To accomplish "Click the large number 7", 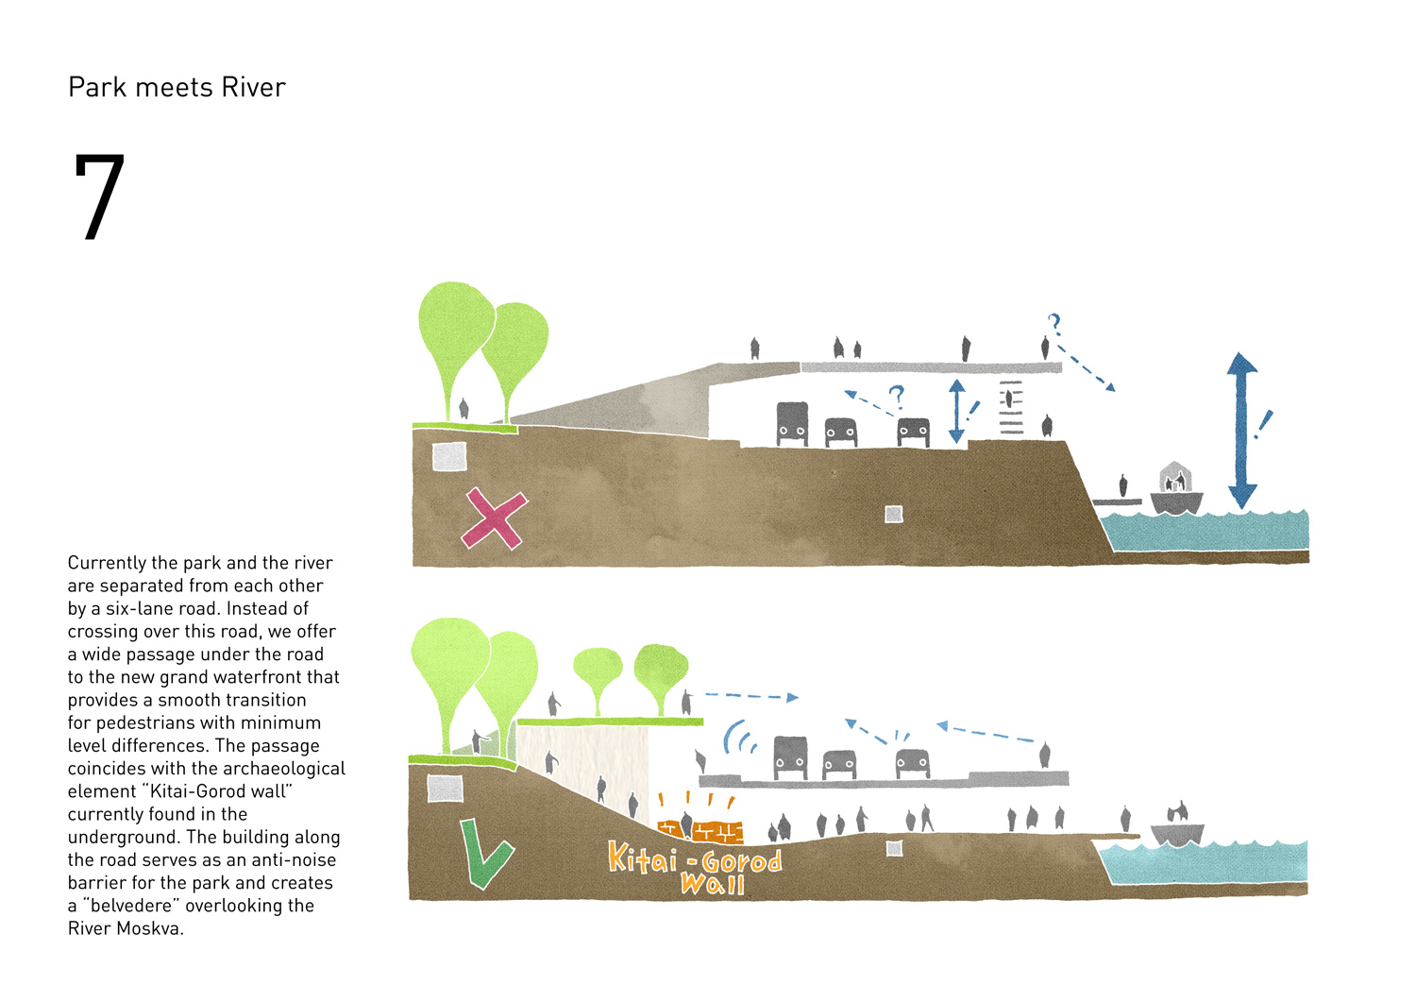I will (99, 196).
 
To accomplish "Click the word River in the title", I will (253, 88).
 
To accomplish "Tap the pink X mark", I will (494, 518).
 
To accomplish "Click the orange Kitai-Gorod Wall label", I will (697, 867).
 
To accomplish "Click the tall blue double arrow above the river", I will (1241, 430).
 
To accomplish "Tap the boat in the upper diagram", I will (1176, 491).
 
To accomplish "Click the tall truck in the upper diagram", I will (792, 424).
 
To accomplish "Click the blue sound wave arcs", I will (738, 737).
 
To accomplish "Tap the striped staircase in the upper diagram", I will (1011, 408).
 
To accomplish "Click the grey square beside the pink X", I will (449, 456).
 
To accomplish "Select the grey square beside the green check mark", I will (445, 788).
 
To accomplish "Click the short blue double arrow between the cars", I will (956, 411).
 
